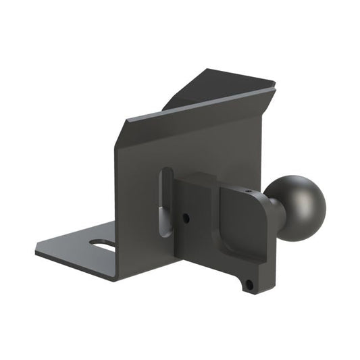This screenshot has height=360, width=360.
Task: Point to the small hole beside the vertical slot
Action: [186, 218]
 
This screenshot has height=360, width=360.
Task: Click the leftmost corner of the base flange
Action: [36, 253]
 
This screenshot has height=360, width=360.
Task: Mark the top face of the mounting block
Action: [216, 180]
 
